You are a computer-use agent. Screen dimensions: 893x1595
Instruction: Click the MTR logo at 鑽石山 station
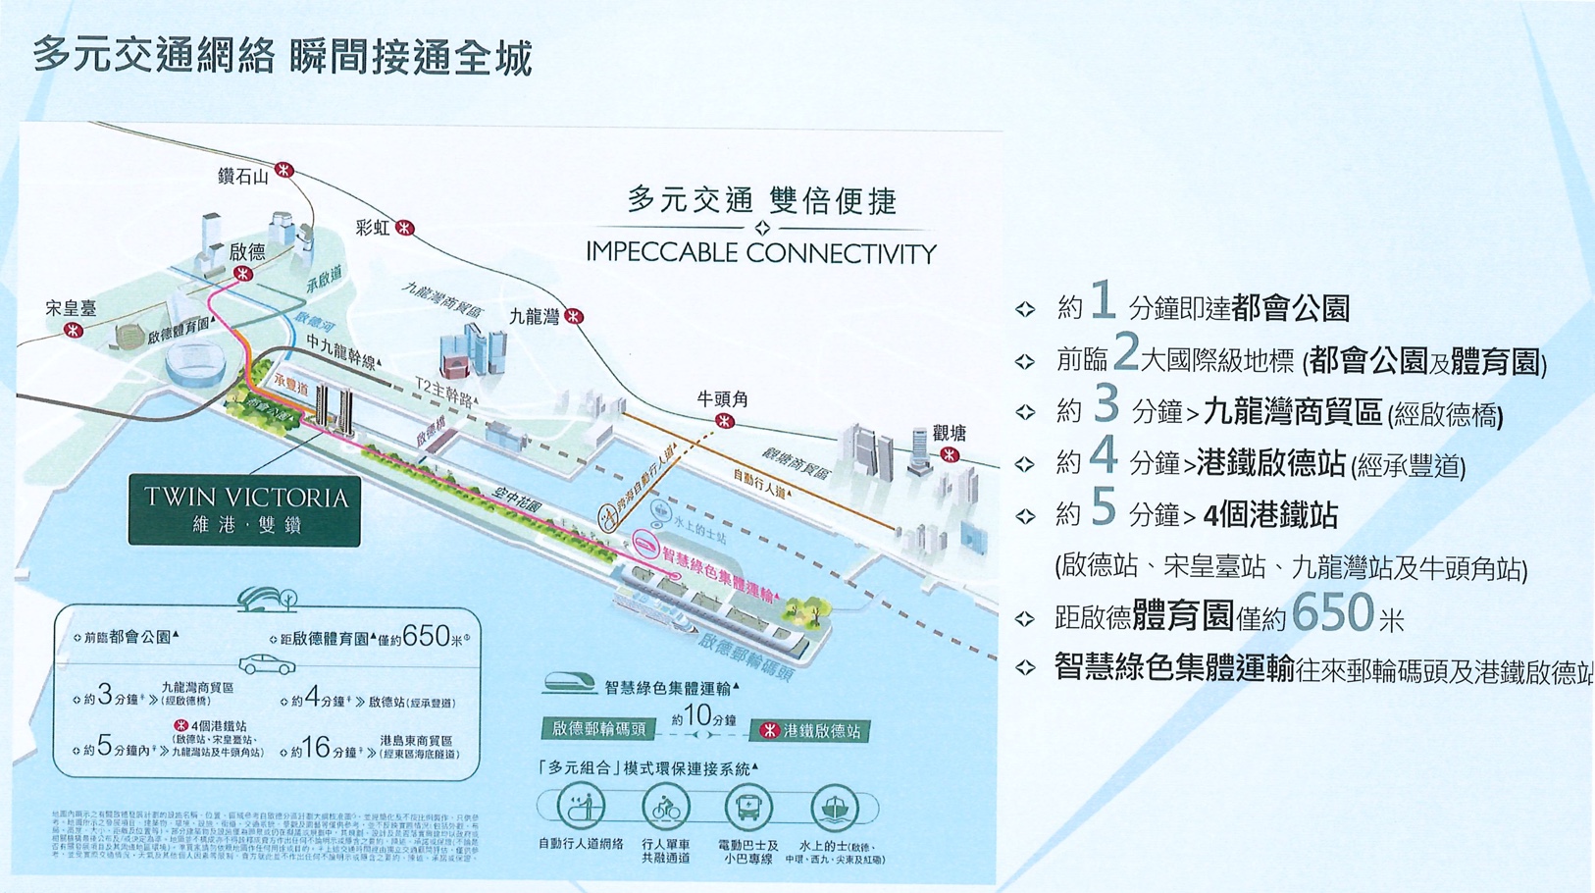pos(284,170)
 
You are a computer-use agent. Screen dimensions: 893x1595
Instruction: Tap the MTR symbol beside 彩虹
pos(404,229)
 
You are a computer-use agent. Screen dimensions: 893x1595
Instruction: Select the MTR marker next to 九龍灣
pos(574,316)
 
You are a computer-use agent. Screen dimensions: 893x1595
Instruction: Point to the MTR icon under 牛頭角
pos(724,421)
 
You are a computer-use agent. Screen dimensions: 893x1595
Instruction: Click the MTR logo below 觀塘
pos(950,454)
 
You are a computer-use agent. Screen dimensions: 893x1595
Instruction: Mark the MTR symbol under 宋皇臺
pos(73,331)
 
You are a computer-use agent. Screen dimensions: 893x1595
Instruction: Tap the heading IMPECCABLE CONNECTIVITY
pos(761,253)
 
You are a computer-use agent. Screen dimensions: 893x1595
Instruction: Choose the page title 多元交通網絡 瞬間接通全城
pos(283,57)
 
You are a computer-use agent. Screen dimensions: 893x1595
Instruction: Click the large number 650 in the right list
pos(1332,615)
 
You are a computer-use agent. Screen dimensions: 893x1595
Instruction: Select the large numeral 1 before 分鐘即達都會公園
pos(1103,300)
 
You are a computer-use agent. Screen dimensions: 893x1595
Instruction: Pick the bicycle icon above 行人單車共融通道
pos(666,809)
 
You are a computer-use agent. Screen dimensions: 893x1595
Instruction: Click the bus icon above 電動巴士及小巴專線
pos(748,809)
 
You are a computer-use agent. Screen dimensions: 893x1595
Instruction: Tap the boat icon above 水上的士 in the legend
pos(835,809)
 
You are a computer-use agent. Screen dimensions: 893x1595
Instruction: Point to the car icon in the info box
pos(267,665)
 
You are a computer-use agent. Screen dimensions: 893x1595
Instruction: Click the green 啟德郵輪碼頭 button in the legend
pos(598,729)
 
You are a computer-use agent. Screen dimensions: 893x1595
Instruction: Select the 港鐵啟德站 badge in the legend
pos(811,731)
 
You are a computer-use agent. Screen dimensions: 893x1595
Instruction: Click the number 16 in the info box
pos(316,748)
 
